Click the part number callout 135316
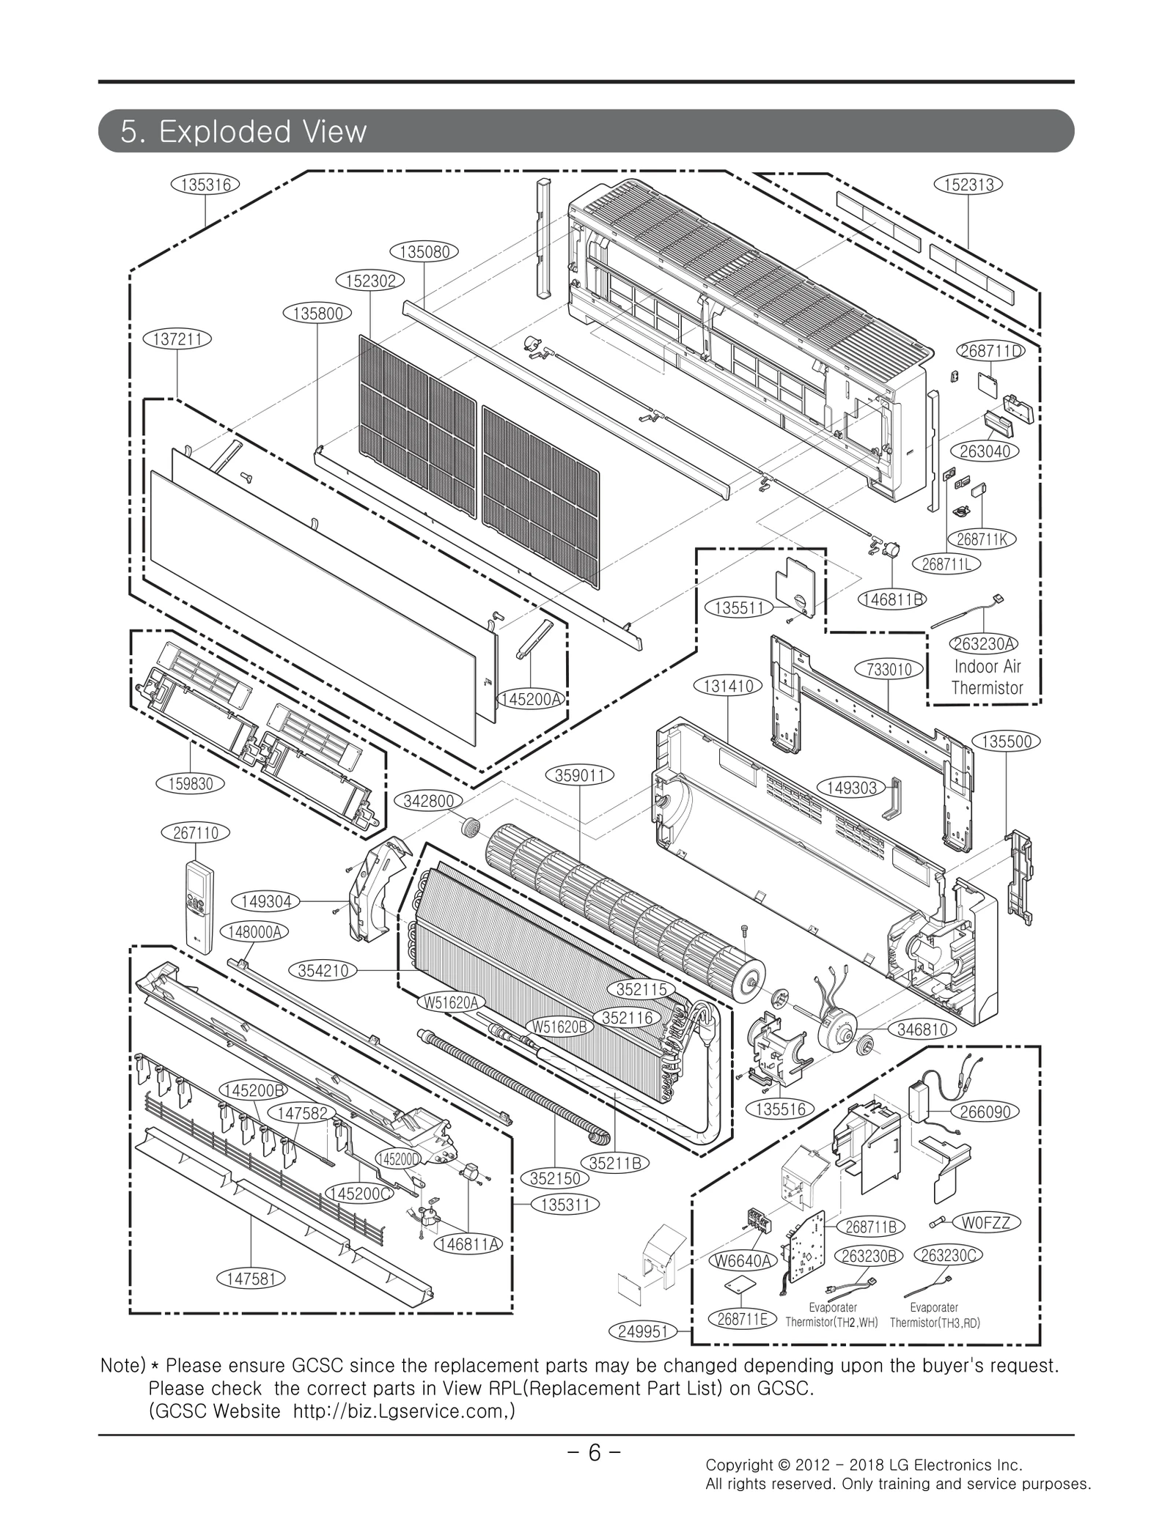[205, 185]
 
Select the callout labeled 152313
[968, 185]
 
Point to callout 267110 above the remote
[195, 833]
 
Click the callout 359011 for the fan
[579, 775]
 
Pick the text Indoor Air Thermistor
[986, 677]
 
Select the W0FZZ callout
[985, 1222]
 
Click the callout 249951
[642, 1331]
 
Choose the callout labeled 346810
[922, 1029]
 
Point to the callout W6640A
[743, 1260]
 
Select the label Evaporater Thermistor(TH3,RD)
[934, 1315]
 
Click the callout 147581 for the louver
[251, 1279]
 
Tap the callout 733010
[889, 669]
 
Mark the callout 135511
[739, 607]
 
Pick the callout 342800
[428, 801]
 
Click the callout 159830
[191, 783]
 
